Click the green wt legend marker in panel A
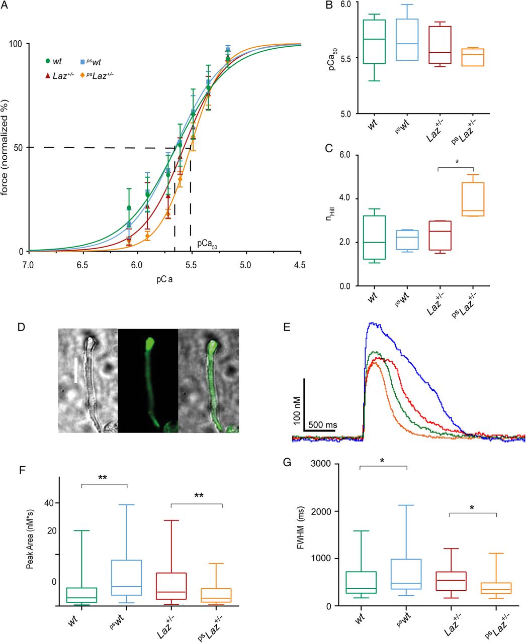point(48,61)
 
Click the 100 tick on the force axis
point(17,44)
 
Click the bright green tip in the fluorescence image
point(150,345)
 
